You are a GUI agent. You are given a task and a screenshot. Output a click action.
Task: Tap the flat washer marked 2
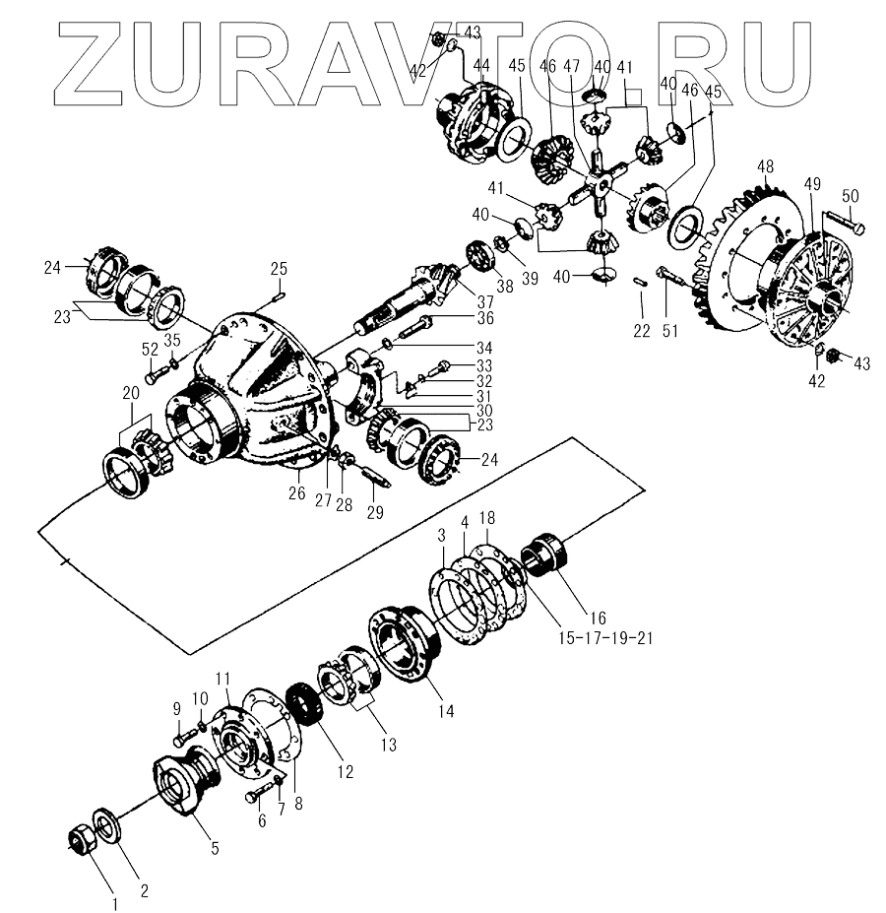pyautogui.click(x=107, y=824)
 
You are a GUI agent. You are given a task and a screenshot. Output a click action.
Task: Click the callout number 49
pyautogui.click(x=813, y=184)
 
